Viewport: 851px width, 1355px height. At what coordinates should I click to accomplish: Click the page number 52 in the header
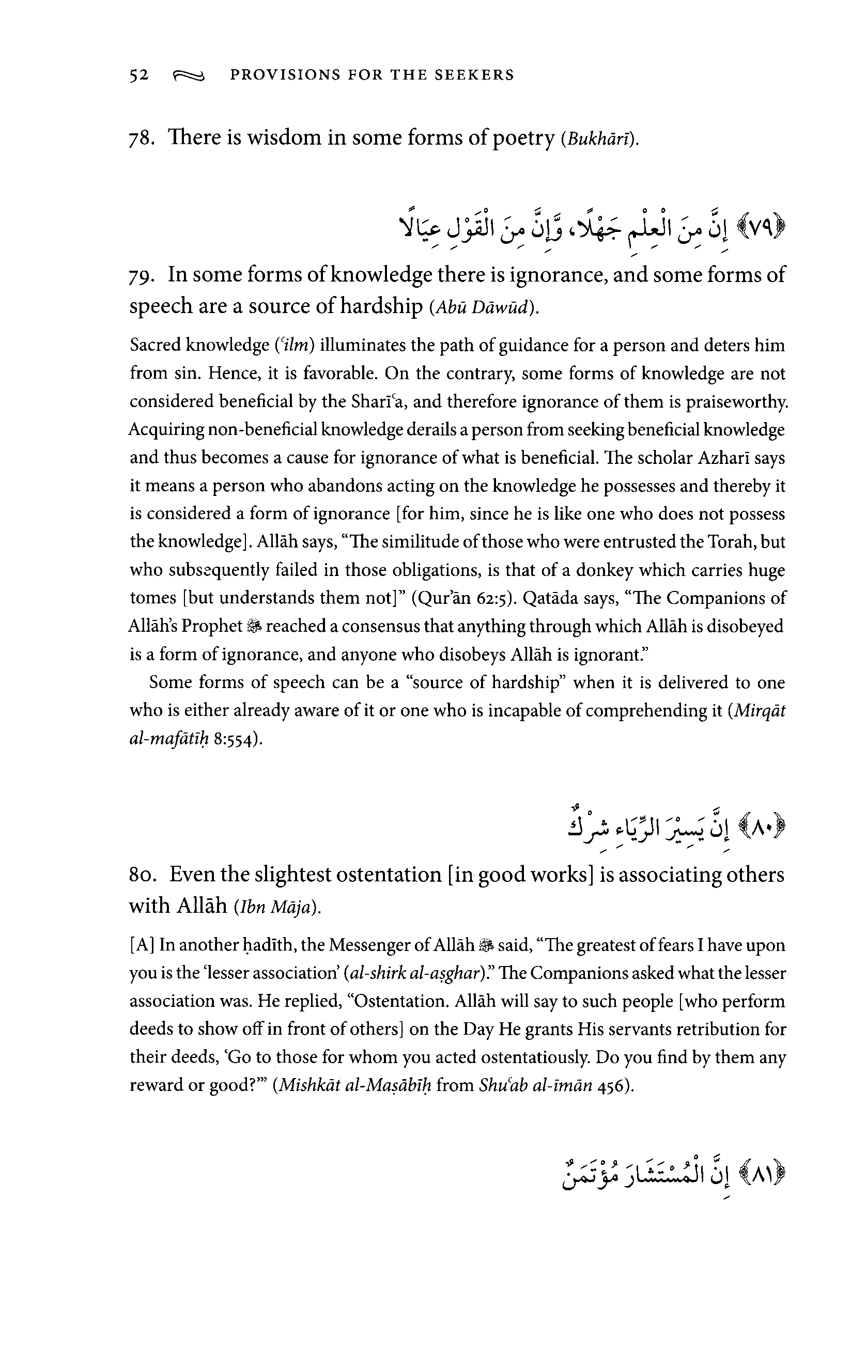pos(138,75)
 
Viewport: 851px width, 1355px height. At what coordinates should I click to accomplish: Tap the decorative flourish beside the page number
pos(190,75)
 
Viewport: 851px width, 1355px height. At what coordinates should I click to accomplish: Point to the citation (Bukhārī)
pos(600,139)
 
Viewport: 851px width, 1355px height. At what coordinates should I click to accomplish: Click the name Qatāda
pos(550,598)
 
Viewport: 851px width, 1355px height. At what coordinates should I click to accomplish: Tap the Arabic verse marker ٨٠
pos(763,830)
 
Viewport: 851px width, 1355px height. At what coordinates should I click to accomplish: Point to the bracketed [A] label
pos(143,945)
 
